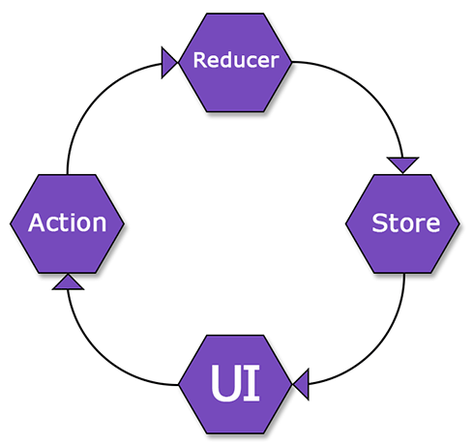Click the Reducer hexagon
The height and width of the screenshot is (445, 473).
236,81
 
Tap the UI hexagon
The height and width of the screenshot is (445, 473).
236,406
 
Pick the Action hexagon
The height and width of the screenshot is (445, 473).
68,242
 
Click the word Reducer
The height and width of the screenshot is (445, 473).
236,60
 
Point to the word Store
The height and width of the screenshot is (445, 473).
405,223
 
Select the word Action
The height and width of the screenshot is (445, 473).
68,223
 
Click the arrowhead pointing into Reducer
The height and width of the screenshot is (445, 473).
169,63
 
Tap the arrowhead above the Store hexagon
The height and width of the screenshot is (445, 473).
402,164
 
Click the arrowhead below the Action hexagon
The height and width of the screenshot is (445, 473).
67,282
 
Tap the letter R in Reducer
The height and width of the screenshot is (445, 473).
200,60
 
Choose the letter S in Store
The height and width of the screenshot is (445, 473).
380,223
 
